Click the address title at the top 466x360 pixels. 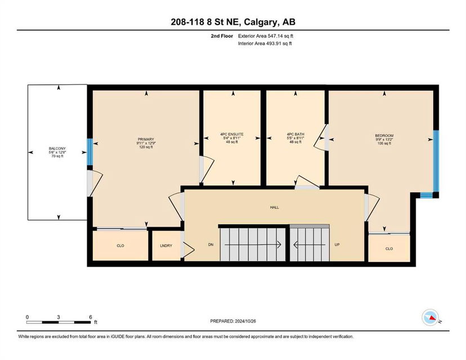233,22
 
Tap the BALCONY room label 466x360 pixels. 57,148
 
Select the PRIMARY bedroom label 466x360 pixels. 146,139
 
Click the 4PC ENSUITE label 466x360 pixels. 232,134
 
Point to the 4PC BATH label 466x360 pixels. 295,134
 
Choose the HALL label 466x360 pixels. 274,208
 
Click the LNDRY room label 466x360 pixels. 166,246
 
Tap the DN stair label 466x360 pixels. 210,245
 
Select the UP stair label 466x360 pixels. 337,245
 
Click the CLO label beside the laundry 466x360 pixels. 120,246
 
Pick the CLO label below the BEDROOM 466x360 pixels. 389,249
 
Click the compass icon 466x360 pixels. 431,317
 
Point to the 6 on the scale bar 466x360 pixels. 91,317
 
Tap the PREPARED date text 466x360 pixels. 233,321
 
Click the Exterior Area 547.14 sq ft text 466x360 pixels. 266,36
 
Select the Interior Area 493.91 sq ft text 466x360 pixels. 265,43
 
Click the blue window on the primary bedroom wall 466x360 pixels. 89,152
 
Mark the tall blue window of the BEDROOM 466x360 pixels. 436,161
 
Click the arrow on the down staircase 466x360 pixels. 253,245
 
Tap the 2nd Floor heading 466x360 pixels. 222,36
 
